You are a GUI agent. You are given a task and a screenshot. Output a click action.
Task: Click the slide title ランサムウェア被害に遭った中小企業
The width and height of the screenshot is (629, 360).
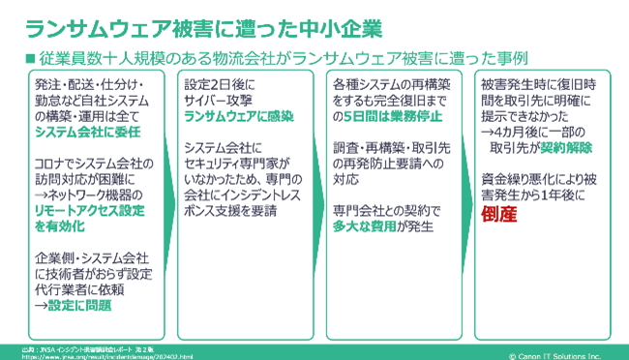point(203,26)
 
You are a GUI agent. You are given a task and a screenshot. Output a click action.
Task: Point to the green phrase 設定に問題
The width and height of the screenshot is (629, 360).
point(74,306)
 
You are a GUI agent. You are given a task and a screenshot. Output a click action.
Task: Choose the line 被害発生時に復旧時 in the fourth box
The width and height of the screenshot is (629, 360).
point(540,83)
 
